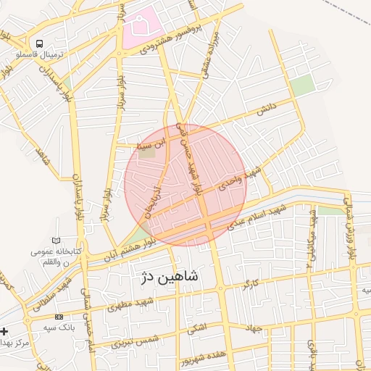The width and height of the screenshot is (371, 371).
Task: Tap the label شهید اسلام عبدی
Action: tap(257, 215)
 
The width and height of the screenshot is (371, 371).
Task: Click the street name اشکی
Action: tap(196, 328)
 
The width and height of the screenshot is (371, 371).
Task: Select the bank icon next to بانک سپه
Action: tap(59, 317)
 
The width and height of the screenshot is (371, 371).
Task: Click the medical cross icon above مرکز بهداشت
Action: tap(5, 331)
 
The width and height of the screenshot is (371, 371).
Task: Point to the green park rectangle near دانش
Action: tap(303, 84)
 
